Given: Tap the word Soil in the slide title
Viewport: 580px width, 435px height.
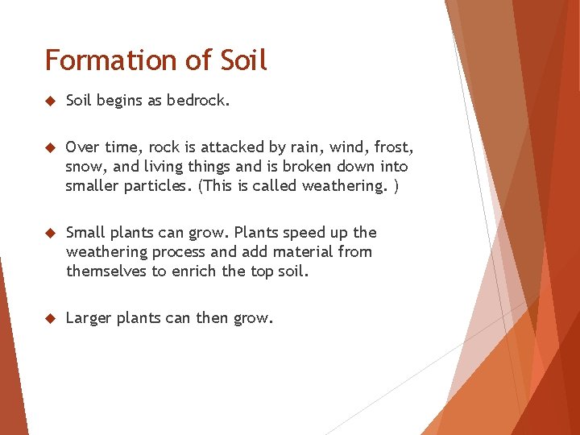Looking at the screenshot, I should click(x=238, y=60).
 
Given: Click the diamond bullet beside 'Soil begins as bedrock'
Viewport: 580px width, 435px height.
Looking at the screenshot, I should click(x=49, y=101).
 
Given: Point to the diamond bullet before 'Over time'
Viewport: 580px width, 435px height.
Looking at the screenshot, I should click(x=49, y=147).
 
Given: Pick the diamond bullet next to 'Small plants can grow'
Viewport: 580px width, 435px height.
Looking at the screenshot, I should click(x=49, y=233).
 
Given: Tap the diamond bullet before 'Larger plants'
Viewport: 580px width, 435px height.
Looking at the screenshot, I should click(x=49, y=318).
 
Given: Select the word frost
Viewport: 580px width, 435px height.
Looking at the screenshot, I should click(x=393, y=147).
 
